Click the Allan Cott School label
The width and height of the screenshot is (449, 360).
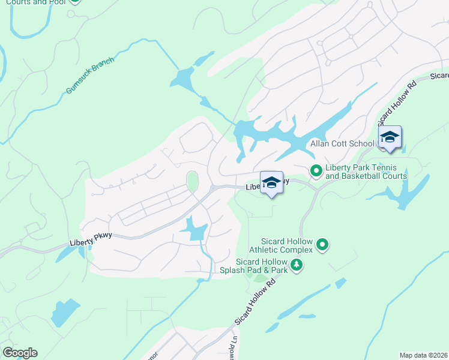click(x=343, y=144)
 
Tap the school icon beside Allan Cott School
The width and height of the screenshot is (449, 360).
click(x=390, y=137)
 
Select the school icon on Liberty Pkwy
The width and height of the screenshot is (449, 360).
click(x=271, y=183)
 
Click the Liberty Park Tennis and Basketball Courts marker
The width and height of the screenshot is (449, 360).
click(x=316, y=172)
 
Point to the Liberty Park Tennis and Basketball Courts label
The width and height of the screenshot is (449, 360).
click(x=366, y=172)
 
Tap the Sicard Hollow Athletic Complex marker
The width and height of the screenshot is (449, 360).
click(x=322, y=244)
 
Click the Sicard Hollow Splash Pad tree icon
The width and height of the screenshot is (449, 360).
click(x=296, y=265)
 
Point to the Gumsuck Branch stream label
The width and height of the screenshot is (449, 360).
click(x=90, y=76)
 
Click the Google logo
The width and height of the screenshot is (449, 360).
click(x=20, y=353)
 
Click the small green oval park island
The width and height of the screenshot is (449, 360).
click(x=192, y=181)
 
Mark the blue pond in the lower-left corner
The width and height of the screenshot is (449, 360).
click(x=64, y=313)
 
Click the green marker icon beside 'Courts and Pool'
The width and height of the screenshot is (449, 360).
click(x=74, y=1)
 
